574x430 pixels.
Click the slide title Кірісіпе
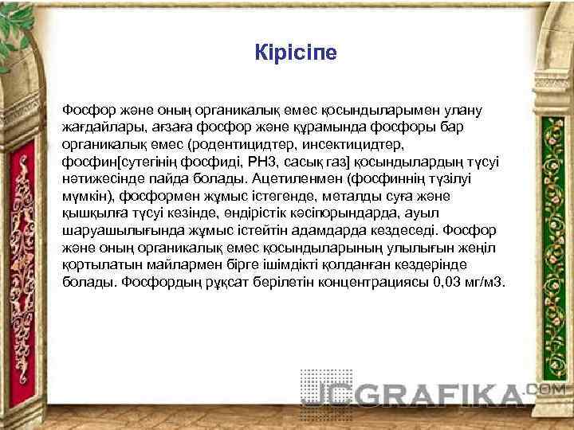pyautogui.click(x=296, y=54)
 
